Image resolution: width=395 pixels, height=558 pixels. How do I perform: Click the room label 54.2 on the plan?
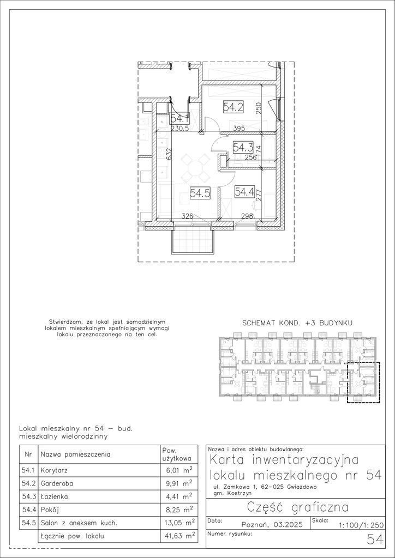[234, 107]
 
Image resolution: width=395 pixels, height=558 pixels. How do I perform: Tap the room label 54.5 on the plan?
[200, 193]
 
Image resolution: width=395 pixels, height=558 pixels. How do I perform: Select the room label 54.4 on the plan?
[244, 192]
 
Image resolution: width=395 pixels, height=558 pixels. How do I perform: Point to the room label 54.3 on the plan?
[243, 147]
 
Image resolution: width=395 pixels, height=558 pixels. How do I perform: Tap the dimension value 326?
[188, 216]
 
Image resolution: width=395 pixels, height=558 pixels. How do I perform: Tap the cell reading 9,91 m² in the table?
[184, 484]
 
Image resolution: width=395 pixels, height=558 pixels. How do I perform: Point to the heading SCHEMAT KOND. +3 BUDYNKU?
[297, 323]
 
